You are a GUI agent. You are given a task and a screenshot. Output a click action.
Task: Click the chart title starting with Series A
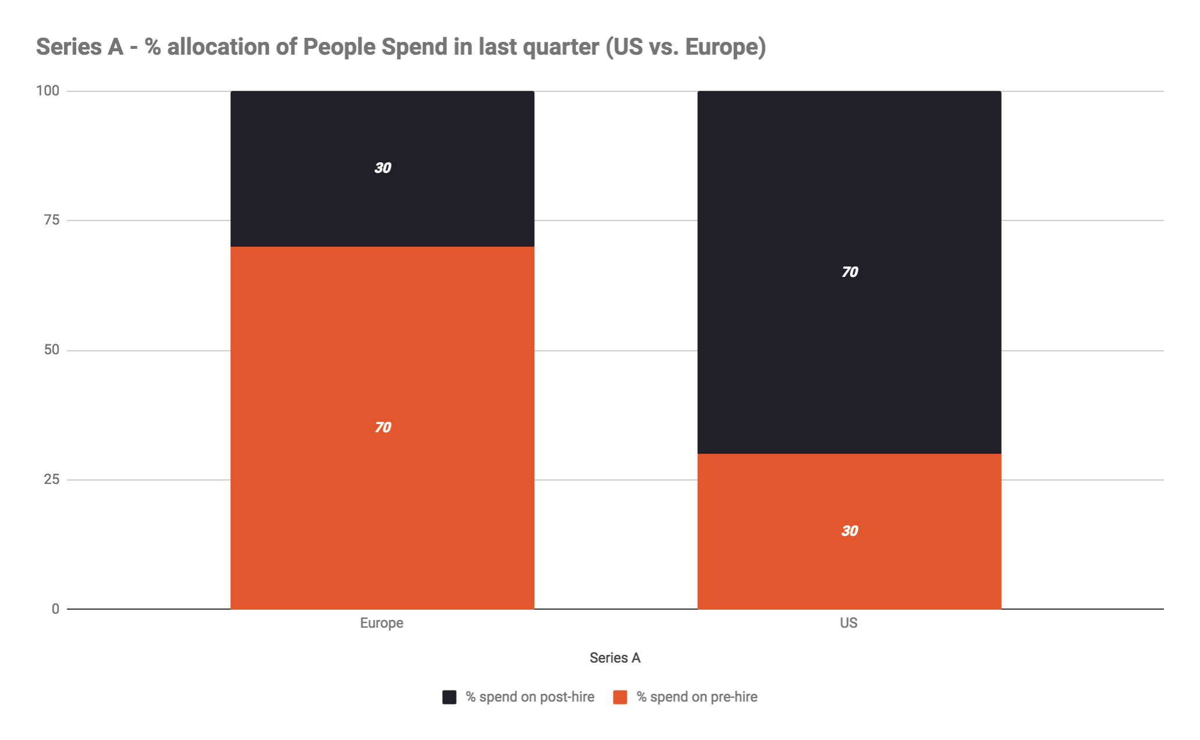pos(400,47)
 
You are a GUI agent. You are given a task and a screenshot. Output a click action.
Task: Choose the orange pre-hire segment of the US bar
pos(849,570)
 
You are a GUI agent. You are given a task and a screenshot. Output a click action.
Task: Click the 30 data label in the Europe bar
pos(382,168)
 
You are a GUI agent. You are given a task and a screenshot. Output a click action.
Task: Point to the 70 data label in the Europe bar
pos(382,428)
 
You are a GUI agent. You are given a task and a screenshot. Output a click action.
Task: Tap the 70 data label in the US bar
pos(850,272)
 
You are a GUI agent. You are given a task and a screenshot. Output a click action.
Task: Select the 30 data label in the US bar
pos(850,531)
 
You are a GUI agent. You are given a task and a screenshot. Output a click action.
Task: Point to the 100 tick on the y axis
pos(48,91)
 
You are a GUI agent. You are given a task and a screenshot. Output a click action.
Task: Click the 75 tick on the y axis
pos(52,220)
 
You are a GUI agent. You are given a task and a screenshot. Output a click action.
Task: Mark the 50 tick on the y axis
pos(52,350)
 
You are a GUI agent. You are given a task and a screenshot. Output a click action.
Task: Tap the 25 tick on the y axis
pos(52,479)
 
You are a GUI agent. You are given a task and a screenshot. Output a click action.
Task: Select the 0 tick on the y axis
pos(55,609)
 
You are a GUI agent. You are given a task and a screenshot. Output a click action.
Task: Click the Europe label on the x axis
pos(381,623)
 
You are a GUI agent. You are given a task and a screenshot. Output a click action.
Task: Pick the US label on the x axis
pos(848,623)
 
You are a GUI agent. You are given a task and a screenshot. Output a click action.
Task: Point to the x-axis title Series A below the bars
pos(615,658)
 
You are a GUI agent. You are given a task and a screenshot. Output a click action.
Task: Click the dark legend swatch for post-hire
pos(449,697)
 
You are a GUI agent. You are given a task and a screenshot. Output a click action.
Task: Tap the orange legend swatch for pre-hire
pos(620,697)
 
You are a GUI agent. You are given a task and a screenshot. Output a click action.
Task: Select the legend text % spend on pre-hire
pos(697,697)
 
